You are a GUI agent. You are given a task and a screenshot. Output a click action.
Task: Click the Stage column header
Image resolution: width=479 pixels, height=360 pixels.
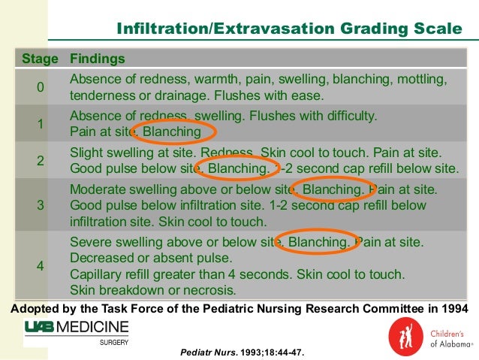[41, 59]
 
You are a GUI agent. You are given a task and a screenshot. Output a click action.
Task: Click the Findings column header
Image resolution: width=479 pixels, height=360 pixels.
[97, 59]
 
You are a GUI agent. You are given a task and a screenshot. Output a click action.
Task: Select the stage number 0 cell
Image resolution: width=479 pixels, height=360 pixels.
[41, 88]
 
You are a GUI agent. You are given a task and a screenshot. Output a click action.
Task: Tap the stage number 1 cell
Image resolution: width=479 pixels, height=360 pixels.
[41, 124]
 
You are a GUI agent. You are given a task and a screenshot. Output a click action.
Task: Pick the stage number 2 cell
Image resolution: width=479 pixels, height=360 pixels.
[41, 160]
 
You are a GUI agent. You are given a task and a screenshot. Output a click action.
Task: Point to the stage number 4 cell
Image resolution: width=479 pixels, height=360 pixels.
[41, 265]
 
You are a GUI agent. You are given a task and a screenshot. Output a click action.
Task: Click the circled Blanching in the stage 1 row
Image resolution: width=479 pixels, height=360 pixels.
[172, 132]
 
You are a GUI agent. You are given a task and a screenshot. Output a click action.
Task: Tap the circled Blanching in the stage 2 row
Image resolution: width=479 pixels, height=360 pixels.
[236, 168]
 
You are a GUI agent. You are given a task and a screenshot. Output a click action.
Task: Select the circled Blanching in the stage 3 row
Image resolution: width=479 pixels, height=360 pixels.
[332, 190]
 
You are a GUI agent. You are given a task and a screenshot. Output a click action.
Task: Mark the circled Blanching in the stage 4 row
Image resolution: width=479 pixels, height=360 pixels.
[318, 243]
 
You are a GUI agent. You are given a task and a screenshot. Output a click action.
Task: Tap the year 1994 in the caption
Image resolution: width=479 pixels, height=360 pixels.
[451, 307]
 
